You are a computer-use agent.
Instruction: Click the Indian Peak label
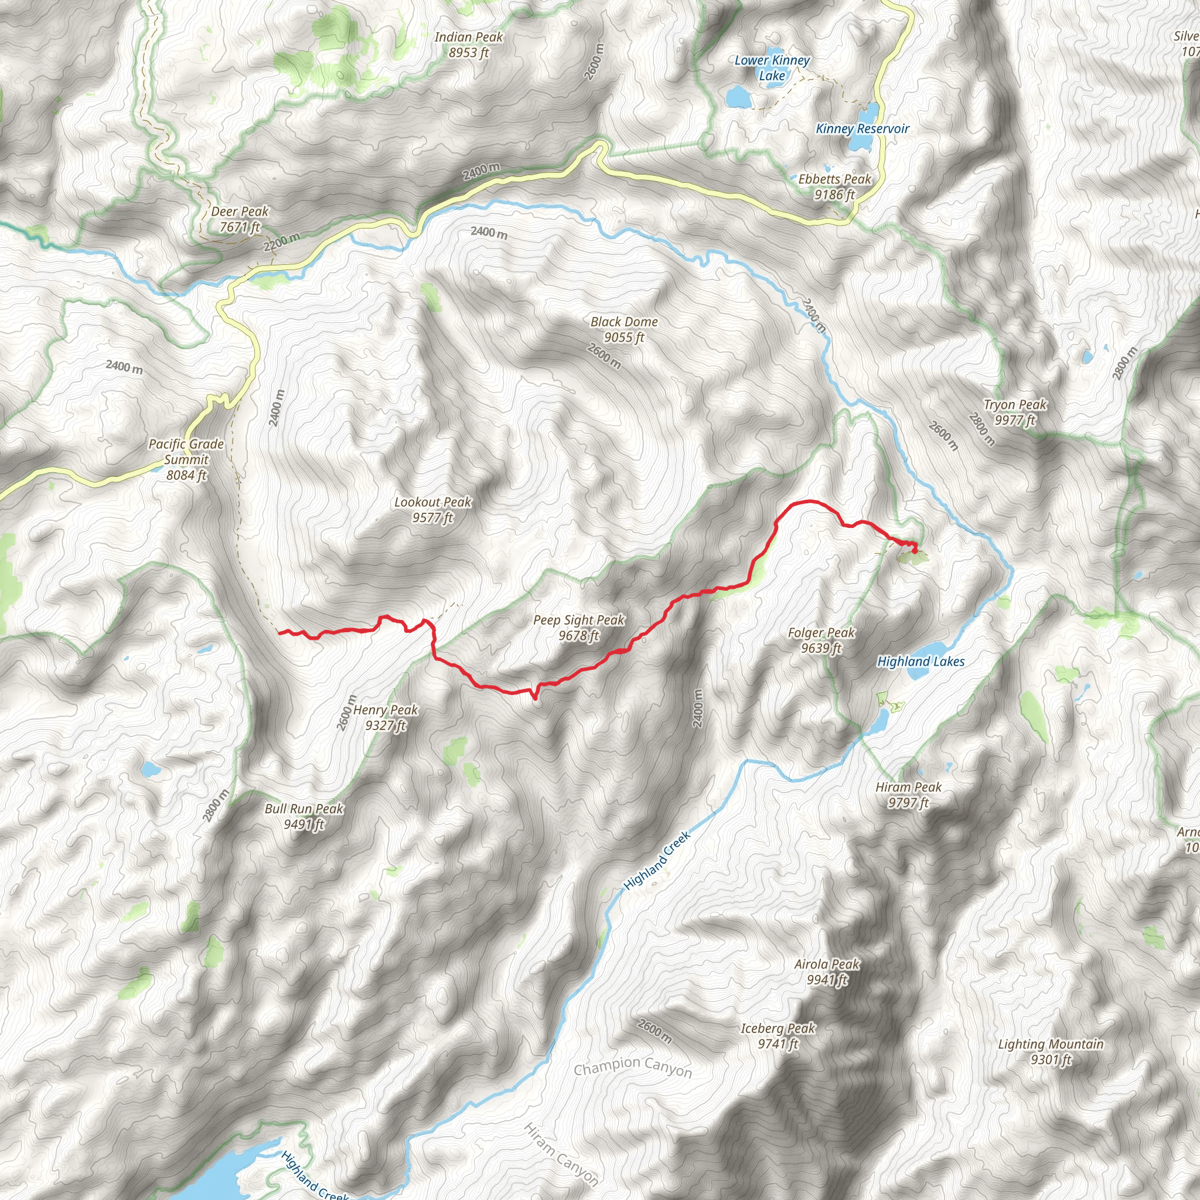(468, 45)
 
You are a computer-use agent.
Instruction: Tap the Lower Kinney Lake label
(772, 68)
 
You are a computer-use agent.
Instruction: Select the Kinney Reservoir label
(862, 128)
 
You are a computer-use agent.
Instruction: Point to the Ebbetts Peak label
(835, 186)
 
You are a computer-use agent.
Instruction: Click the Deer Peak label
(240, 219)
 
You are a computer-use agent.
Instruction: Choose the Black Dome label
(624, 329)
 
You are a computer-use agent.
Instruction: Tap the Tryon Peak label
(1015, 412)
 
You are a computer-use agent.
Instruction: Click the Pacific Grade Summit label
(186, 459)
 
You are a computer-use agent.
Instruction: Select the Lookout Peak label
(433, 509)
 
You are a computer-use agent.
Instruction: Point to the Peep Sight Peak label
(579, 628)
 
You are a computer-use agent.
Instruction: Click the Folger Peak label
(821, 640)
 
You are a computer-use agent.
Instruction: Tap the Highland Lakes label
(921, 662)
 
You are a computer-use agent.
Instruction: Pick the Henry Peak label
(386, 717)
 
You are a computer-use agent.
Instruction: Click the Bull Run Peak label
(304, 816)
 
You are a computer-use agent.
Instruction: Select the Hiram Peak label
(908, 795)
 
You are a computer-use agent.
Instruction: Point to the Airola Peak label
(827, 971)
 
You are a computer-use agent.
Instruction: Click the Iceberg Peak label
(778, 1035)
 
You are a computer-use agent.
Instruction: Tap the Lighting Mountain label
(1051, 1052)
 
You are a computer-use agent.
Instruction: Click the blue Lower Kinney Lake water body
(738, 96)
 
